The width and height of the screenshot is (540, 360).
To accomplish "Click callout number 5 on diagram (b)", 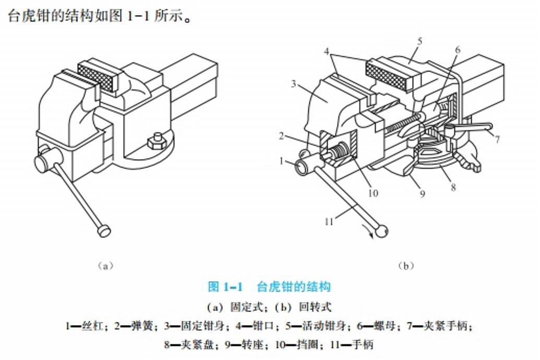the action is pos(419,42).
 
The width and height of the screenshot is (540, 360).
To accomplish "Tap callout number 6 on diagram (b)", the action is pos(458,50).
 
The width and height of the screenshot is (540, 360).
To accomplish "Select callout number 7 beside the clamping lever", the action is pos(497,139).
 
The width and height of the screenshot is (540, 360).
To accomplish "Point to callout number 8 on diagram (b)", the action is pos(453,187).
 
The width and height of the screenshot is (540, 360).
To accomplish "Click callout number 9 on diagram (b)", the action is pos(422,194).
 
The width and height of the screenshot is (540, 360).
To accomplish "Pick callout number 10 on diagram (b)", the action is pos(374,193).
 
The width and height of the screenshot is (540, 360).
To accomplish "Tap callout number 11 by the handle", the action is pos(329,222).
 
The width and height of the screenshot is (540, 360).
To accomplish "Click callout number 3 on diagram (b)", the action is pos(293,83).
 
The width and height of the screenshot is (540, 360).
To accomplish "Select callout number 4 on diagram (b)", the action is pos(327,52).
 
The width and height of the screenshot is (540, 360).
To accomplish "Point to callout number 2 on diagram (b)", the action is pos(282,136).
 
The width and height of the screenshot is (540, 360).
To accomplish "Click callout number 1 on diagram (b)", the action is pos(281,161).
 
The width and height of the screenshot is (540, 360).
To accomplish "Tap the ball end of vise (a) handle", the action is pos(104,230).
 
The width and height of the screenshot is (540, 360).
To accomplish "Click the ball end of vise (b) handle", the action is pos(381,232).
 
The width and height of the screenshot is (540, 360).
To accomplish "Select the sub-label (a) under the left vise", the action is pos(105,266).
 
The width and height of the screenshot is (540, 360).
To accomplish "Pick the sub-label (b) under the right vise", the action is pos(406,266).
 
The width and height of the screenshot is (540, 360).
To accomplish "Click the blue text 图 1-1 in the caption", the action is pos(225,286).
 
